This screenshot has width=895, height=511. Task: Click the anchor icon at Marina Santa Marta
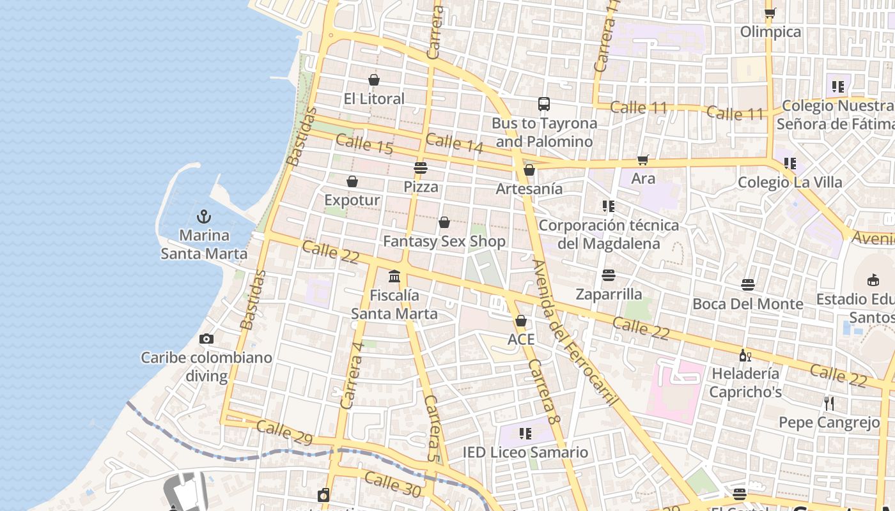(x=204, y=216)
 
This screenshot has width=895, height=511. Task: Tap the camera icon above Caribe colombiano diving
(x=206, y=339)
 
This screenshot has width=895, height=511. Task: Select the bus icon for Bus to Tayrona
(x=543, y=104)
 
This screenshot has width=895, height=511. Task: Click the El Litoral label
(x=374, y=99)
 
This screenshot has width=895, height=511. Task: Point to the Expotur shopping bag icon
(x=352, y=182)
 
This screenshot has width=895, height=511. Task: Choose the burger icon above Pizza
(x=420, y=168)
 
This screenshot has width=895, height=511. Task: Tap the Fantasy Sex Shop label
(x=444, y=241)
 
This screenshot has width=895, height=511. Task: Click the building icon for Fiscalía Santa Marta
(x=394, y=277)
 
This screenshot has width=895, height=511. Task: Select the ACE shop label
(x=521, y=339)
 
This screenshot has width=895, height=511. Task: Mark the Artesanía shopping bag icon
(x=529, y=170)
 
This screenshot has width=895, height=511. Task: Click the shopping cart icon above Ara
(x=642, y=160)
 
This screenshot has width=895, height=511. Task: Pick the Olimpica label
(x=770, y=32)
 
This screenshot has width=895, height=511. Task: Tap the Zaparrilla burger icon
(x=609, y=275)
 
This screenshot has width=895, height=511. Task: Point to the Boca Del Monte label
(x=748, y=304)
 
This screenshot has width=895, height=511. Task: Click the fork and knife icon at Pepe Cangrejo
(x=829, y=404)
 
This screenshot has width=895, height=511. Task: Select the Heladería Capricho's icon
(x=745, y=355)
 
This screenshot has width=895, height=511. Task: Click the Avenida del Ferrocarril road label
(x=575, y=332)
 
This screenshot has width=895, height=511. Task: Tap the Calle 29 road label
(x=284, y=432)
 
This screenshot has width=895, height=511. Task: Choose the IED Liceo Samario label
(x=525, y=453)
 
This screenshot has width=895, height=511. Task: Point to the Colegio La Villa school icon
(x=790, y=164)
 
